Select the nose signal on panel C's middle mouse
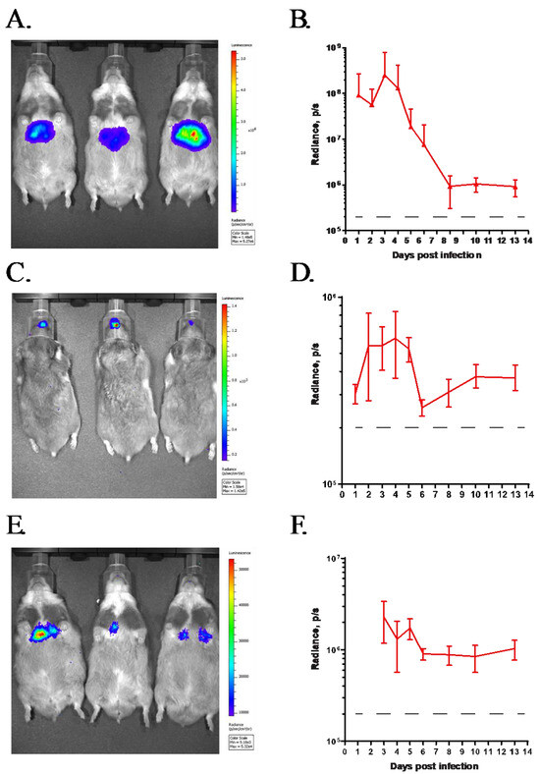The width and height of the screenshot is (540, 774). click(115, 322)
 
